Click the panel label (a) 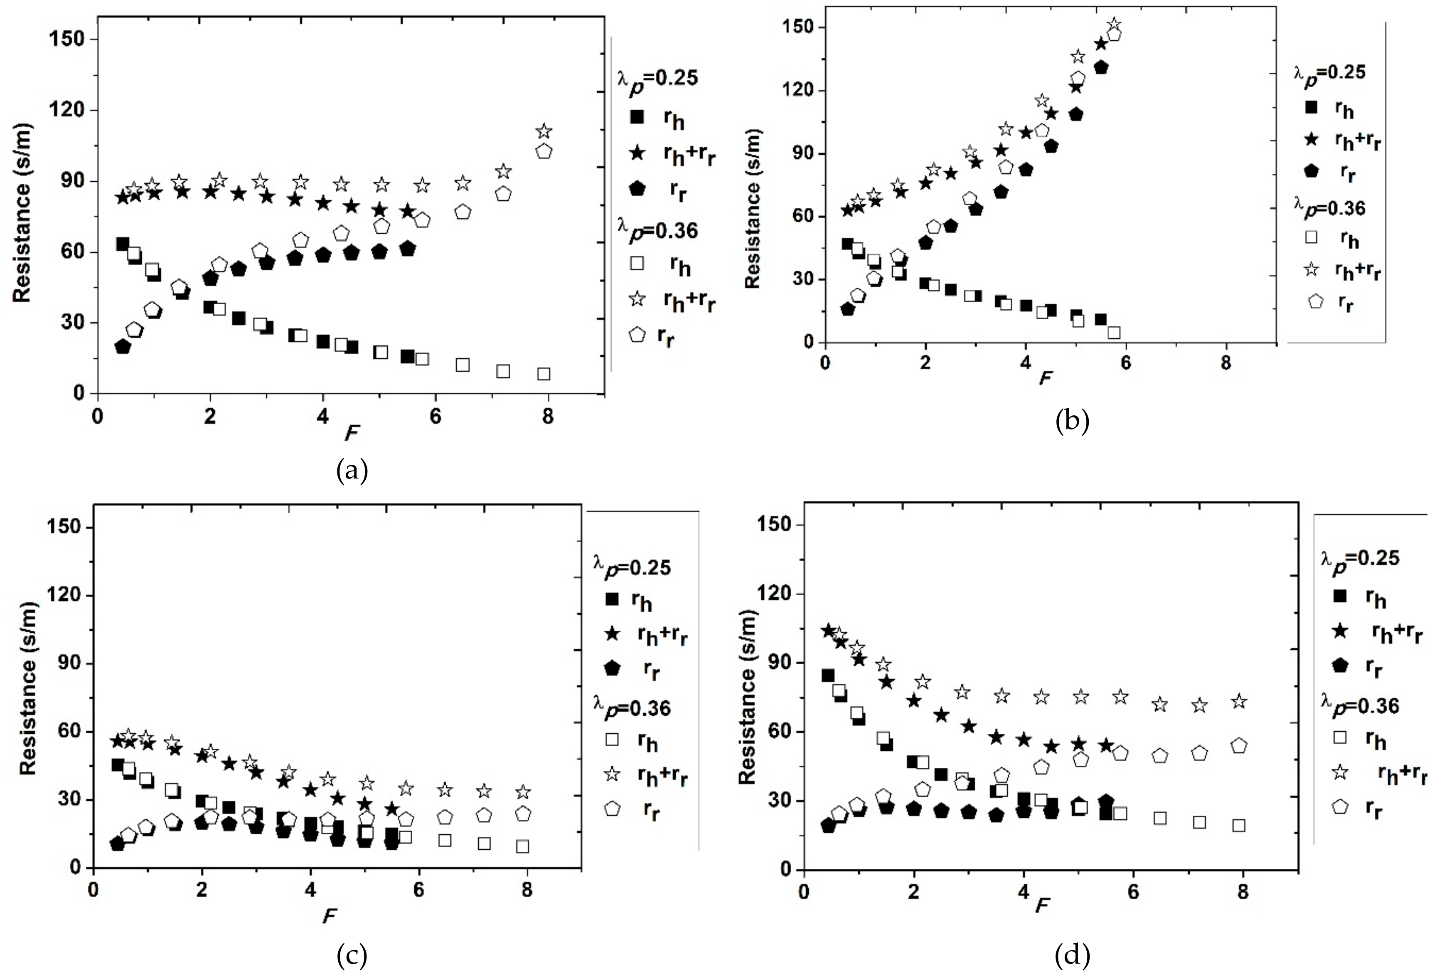(352, 470)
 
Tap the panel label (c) (352, 955)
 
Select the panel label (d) (1072, 955)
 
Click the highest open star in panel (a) (544, 131)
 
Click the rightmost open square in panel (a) (544, 374)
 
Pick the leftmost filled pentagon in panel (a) (123, 347)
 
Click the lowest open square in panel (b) (1114, 333)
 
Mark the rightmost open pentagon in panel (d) (1239, 745)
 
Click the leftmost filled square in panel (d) (827, 675)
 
